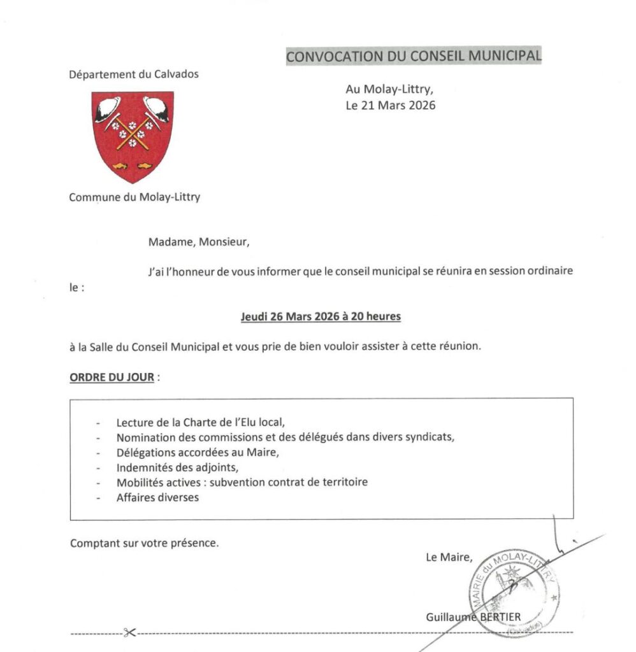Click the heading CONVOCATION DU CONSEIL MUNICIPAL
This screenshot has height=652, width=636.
pyautogui.click(x=414, y=56)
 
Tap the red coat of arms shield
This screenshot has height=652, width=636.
pyautogui.click(x=133, y=135)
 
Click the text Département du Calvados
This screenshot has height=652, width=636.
pyautogui.click(x=134, y=74)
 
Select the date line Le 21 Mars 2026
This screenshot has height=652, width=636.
pyautogui.click(x=391, y=106)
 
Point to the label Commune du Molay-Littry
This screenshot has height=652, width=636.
pyautogui.click(x=134, y=197)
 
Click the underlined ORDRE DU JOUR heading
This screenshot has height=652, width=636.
pyautogui.click(x=112, y=377)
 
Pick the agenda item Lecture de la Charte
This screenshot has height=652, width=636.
pyautogui.click(x=199, y=422)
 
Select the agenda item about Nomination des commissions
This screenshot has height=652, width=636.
pyautogui.click(x=287, y=437)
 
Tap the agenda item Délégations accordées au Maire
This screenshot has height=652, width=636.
pyautogui.click(x=198, y=453)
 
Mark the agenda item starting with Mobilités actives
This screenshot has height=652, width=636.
pyautogui.click(x=242, y=483)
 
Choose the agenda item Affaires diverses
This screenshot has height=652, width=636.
pyautogui.click(x=157, y=497)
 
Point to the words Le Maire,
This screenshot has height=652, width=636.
pyautogui.click(x=449, y=558)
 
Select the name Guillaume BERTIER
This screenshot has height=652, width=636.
pyautogui.click(x=473, y=616)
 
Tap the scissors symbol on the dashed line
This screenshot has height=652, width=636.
pyautogui.click(x=130, y=633)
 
